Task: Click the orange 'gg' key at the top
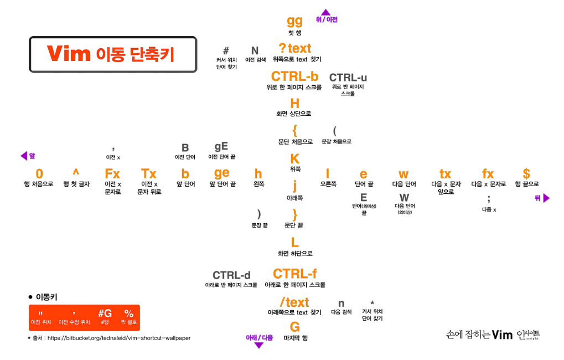point(294,21)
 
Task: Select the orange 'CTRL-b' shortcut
point(294,76)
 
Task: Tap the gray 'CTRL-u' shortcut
point(348,78)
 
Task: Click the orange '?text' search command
point(295,48)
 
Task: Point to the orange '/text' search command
point(294,302)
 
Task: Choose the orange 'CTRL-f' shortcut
point(295,274)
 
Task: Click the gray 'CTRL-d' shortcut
point(231,275)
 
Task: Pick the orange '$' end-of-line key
point(526,173)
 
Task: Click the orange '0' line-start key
point(39,174)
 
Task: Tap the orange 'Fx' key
point(112,174)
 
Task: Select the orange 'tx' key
point(446,174)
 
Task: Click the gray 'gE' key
point(221,147)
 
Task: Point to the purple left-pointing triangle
point(24,156)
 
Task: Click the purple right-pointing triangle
point(546,198)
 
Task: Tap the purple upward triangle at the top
point(325,12)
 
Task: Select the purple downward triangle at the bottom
point(258,345)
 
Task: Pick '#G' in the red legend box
point(105,313)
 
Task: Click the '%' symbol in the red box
point(129,313)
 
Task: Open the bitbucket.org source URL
point(119,338)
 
